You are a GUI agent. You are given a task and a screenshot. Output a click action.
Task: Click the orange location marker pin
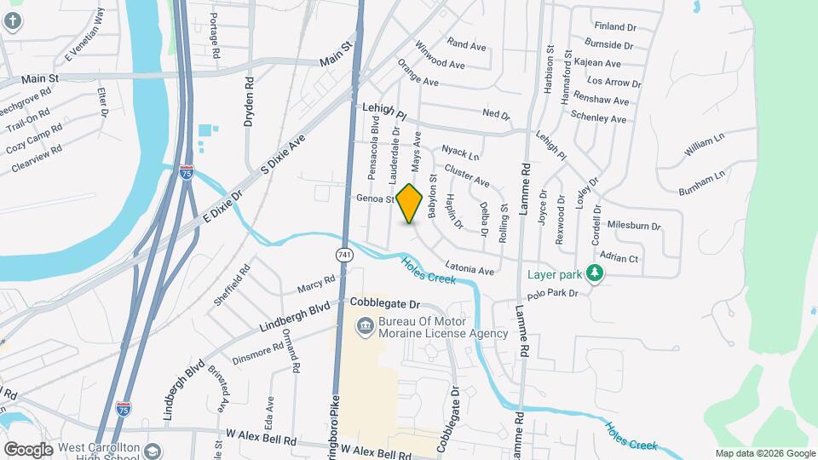click(410, 204)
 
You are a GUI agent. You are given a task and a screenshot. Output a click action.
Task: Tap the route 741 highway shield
click(344, 255)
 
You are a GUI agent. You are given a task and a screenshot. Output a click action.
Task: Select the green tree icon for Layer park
click(596, 273)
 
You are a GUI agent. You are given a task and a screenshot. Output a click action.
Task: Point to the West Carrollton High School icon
click(153, 449)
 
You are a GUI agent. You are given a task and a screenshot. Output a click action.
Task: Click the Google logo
click(27, 449)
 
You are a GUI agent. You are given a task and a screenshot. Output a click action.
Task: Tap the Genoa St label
click(375, 199)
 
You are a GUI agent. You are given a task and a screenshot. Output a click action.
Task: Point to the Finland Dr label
click(615, 26)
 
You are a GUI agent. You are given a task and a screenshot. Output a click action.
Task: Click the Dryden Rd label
click(249, 102)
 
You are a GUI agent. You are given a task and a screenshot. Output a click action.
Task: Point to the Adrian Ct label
click(619, 257)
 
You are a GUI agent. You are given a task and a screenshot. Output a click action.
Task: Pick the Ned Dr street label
click(495, 114)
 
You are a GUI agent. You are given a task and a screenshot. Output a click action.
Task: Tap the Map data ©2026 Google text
click(764, 453)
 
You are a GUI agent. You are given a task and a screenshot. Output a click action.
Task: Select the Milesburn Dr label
click(634, 226)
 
